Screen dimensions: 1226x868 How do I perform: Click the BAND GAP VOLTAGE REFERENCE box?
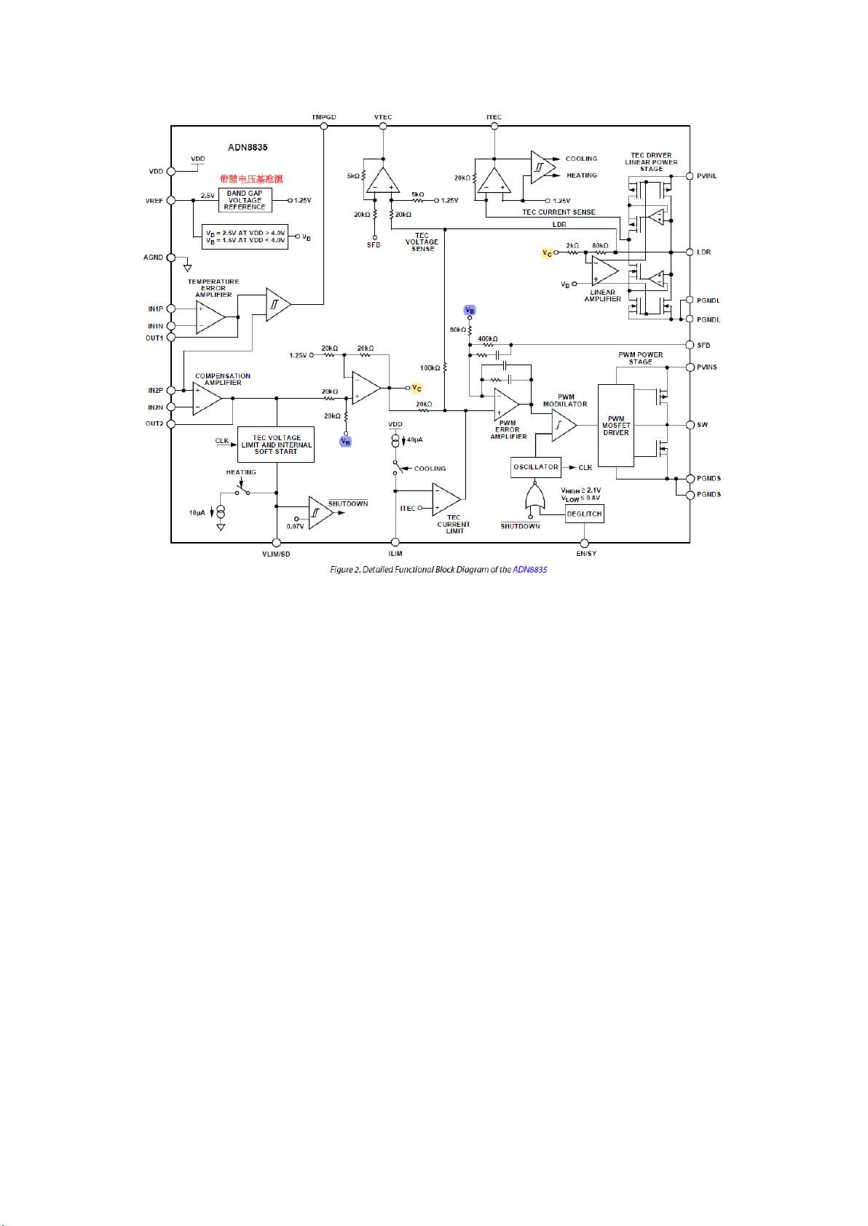[x=245, y=200]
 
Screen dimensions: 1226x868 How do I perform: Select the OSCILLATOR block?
[x=535, y=467]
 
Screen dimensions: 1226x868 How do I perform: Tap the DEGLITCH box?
[x=584, y=514]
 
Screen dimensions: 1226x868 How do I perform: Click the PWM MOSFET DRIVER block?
[x=615, y=426]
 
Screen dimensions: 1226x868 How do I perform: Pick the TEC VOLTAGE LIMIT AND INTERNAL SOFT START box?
[x=276, y=445]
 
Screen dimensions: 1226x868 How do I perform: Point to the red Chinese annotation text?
[x=251, y=179]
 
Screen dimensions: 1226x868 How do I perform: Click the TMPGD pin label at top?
[x=323, y=117]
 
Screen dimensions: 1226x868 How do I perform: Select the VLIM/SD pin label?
[x=276, y=554]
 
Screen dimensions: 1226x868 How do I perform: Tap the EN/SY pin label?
[x=585, y=554]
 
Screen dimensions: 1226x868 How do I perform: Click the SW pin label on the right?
[x=703, y=425]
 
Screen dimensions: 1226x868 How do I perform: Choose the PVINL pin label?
[x=706, y=176]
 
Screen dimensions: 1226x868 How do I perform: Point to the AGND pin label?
[x=153, y=258]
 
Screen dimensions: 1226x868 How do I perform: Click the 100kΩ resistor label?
[x=430, y=367]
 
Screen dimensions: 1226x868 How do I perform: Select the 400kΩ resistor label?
[x=488, y=339]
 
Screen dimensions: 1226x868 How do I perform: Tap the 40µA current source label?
[x=415, y=440]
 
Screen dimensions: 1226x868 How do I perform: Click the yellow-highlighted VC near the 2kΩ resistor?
[x=547, y=253]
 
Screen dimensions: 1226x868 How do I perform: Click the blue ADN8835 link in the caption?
[x=529, y=570]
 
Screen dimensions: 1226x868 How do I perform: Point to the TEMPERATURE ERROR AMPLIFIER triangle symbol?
[x=210, y=317]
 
